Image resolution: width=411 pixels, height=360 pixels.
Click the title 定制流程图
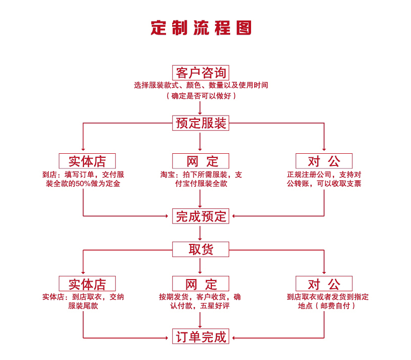coord(201,27)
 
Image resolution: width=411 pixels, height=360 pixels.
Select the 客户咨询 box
coord(201,72)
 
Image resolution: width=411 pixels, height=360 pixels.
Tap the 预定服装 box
coord(201,123)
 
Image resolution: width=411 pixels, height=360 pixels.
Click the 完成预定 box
coord(201,216)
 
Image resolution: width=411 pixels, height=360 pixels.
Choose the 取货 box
coord(201,249)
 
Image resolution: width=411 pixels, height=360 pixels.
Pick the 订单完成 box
coord(201,337)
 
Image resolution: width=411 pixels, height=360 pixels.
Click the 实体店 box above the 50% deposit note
coord(87,161)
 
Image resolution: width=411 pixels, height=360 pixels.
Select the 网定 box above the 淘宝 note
coord(201,161)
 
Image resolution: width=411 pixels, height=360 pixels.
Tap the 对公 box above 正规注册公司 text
coord(324,161)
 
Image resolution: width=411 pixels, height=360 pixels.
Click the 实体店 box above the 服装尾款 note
coord(87,284)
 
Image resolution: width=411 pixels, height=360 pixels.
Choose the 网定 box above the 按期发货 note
coord(201,284)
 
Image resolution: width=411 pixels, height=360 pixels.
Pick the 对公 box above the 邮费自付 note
coord(324,284)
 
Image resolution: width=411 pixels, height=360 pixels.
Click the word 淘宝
coord(168,175)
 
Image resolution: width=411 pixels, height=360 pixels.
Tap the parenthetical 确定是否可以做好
coord(201,95)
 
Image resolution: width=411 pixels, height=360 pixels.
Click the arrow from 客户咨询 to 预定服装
coord(201,107)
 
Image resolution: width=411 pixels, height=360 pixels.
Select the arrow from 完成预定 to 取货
coord(201,233)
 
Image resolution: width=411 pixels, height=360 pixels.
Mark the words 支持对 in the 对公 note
coord(350,175)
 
